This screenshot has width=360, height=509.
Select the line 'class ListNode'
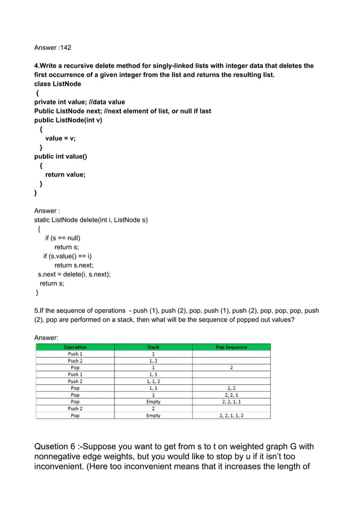[x=58, y=84]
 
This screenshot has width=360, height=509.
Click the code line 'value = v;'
[x=60, y=138]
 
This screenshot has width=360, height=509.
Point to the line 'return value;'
[x=65, y=174]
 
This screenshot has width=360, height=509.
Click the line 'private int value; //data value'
[x=80, y=102]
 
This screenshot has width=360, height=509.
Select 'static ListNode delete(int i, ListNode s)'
[x=91, y=220]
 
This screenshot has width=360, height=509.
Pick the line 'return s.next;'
[x=74, y=265]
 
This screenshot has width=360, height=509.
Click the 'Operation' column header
[x=75, y=347]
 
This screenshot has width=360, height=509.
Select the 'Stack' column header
[x=153, y=347]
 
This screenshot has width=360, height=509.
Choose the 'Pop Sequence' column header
[x=231, y=347]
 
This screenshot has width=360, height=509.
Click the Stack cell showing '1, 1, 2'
[x=153, y=381]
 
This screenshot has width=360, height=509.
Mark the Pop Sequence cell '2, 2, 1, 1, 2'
[x=231, y=415]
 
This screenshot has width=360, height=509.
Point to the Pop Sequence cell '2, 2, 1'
[x=231, y=395]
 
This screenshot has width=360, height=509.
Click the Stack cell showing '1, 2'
[x=153, y=361]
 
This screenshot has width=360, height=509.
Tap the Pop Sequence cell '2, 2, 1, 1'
[x=231, y=402]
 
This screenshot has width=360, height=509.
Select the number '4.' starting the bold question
[x=38, y=66]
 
